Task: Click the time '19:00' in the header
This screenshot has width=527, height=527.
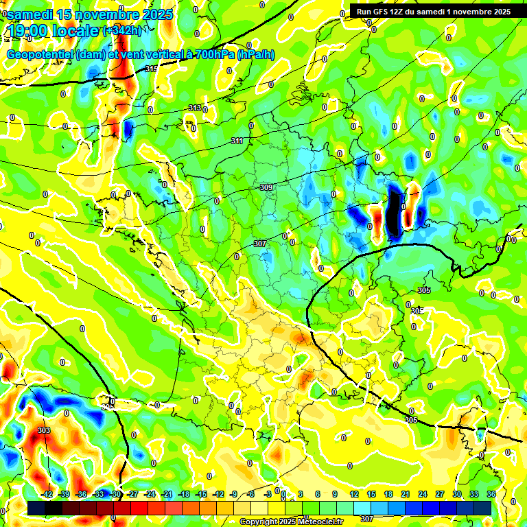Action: [x=27, y=31]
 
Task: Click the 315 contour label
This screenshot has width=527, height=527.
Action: [x=152, y=69]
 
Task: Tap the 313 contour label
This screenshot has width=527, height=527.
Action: [x=195, y=108]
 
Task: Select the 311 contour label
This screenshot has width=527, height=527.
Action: [x=237, y=141]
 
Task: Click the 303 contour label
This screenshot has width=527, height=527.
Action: [x=44, y=430]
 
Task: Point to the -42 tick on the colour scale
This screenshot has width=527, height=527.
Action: [x=47, y=494]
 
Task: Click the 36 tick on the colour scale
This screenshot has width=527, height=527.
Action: [x=491, y=494]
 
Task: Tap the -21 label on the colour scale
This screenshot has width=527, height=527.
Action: [x=167, y=494]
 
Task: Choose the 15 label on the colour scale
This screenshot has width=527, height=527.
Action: [x=371, y=494]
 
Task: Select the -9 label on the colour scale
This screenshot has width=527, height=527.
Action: [x=234, y=494]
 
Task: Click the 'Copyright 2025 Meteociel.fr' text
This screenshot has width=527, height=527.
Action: [x=290, y=522]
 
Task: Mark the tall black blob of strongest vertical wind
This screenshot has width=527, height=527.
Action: [x=394, y=215]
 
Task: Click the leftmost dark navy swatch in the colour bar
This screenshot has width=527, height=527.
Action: [x=36, y=508]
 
